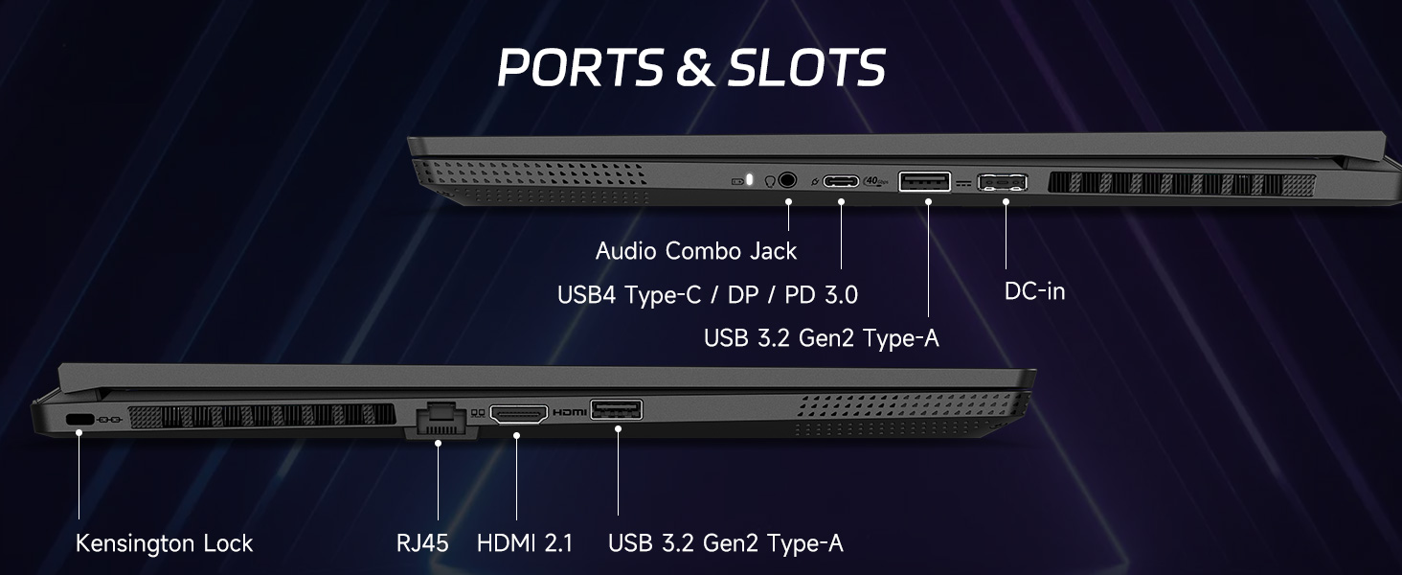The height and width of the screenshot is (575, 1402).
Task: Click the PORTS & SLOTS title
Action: click(691, 67)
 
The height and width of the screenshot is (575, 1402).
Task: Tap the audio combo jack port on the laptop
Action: click(788, 179)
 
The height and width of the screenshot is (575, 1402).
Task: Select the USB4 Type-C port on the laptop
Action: click(841, 180)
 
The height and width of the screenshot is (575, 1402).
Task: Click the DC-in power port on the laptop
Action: click(1003, 181)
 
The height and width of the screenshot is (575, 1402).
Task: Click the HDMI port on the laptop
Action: click(518, 414)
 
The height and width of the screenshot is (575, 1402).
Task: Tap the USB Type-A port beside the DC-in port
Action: click(925, 180)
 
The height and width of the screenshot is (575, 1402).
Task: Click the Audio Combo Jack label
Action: click(696, 251)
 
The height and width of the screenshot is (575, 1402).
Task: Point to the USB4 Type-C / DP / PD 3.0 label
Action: click(708, 295)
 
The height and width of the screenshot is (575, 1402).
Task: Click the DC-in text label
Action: click(1034, 290)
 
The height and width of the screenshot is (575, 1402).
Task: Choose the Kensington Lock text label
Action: click(164, 543)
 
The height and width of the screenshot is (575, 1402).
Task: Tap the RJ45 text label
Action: click(422, 543)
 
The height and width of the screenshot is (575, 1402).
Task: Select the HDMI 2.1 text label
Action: click(525, 543)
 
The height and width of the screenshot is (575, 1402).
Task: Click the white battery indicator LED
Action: click(750, 179)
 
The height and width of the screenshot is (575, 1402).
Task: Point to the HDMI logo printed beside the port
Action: click(569, 412)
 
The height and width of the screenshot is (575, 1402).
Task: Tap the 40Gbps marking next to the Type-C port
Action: click(873, 180)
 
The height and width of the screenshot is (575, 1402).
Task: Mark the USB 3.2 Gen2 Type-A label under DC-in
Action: click(821, 337)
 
